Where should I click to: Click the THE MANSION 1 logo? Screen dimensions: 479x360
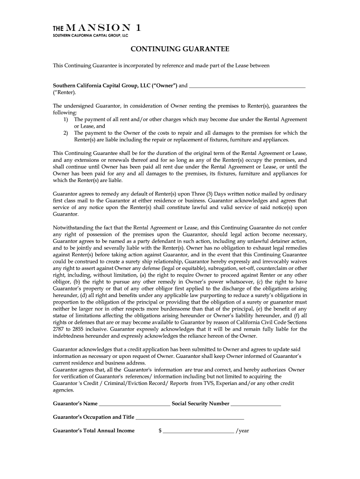[x=95, y=28]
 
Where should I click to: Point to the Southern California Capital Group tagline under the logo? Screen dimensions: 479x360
[x=90, y=36]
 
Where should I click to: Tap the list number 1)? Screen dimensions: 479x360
[x=66, y=120]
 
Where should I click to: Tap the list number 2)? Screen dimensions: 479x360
[x=66, y=133]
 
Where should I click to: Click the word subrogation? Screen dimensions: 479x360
[x=238, y=269]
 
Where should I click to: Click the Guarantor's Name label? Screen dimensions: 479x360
[x=75, y=403]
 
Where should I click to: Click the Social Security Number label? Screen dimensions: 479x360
[x=201, y=403]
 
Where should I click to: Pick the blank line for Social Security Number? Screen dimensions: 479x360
[x=256, y=404]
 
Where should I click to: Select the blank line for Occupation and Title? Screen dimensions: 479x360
[x=190, y=418]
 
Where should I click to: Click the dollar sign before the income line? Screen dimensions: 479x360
[x=160, y=431]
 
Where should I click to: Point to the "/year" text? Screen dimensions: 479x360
[x=243, y=431]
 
